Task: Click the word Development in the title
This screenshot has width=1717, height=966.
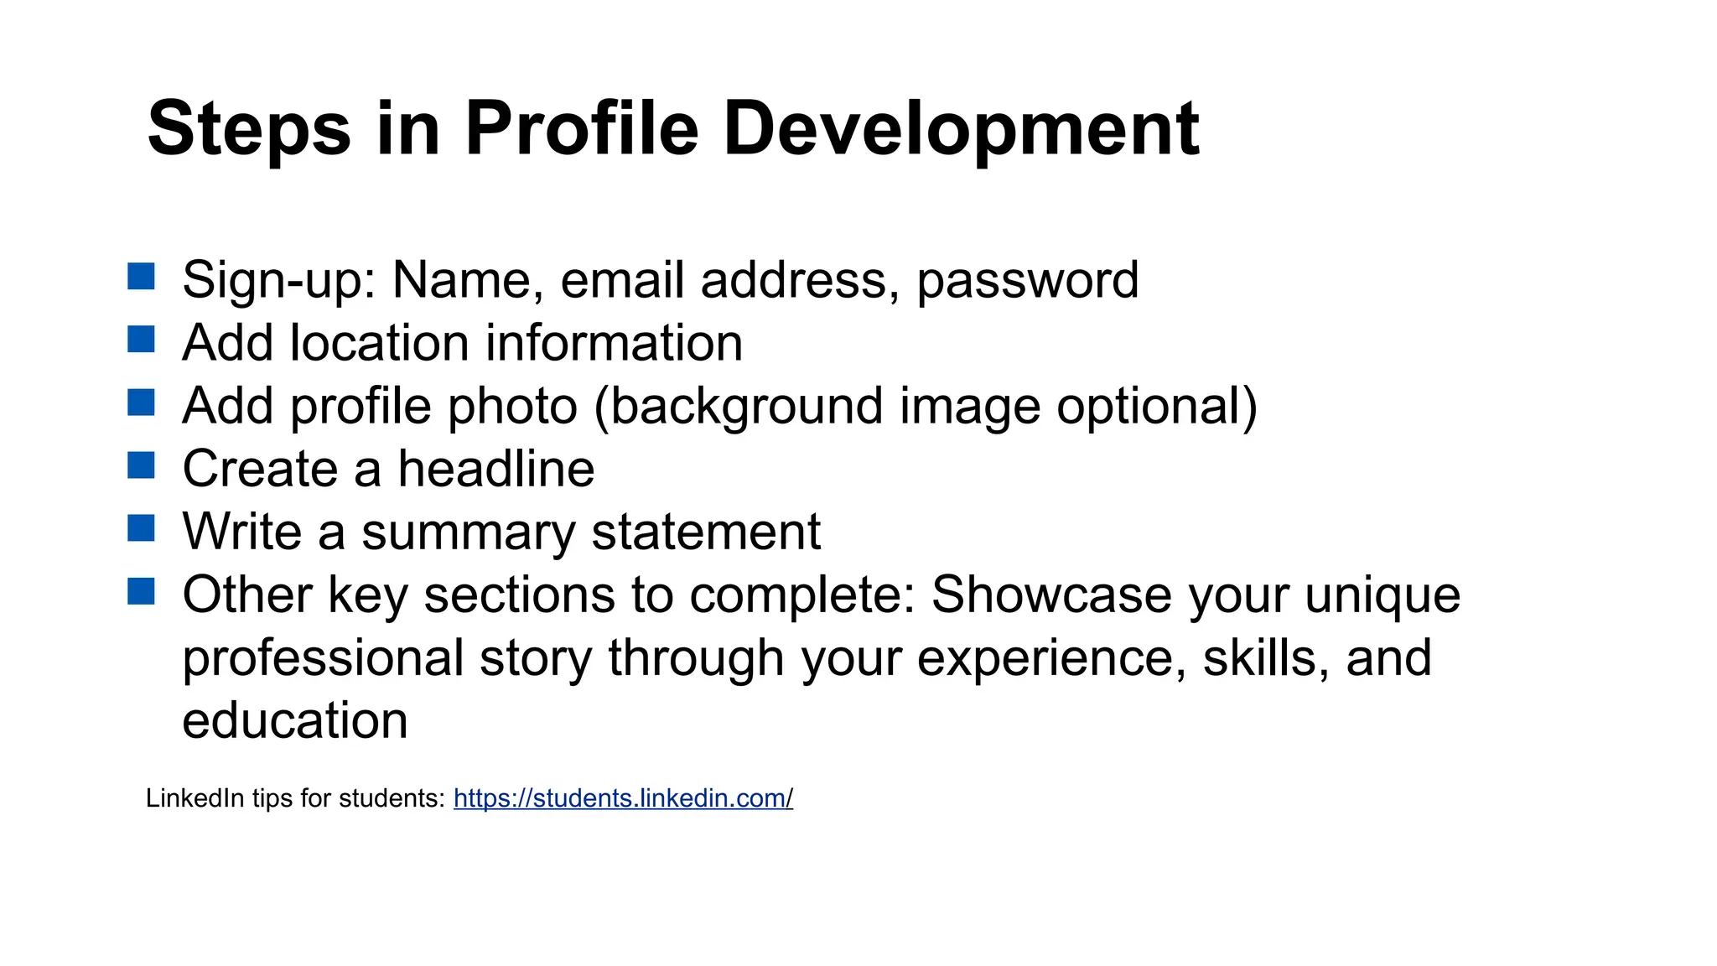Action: pos(961,129)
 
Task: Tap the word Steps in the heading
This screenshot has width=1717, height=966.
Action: pos(249,129)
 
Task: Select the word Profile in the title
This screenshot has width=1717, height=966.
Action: pos(581,129)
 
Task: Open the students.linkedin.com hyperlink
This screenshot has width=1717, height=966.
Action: pos(623,797)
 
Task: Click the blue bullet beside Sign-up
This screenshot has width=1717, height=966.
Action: pos(141,276)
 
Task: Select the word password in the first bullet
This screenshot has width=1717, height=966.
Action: pos(1027,280)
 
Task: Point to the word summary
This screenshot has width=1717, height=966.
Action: pos(469,532)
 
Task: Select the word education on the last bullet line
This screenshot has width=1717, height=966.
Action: pos(295,720)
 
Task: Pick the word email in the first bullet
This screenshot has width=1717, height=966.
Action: pos(622,280)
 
